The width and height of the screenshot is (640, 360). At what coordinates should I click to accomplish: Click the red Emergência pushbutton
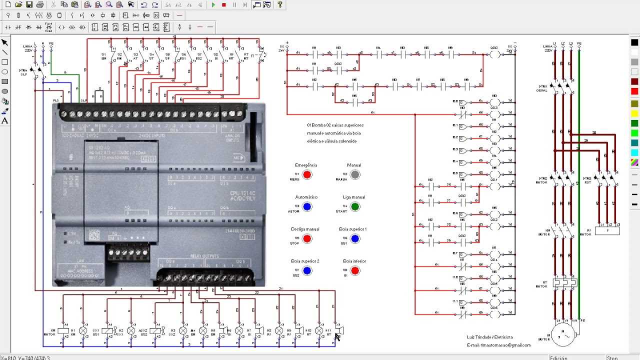click(307, 174)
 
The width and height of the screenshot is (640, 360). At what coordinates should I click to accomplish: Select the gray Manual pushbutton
click(354, 174)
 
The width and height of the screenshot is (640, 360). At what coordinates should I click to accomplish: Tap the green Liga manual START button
click(354, 206)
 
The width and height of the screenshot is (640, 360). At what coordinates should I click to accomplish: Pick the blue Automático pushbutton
click(307, 206)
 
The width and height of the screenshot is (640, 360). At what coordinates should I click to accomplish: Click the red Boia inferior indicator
click(354, 270)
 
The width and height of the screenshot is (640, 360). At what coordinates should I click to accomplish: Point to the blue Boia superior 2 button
click(307, 270)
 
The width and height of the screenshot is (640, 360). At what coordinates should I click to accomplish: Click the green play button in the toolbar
click(213, 5)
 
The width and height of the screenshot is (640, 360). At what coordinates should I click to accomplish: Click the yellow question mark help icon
click(280, 4)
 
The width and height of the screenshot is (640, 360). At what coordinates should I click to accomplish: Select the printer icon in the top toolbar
click(40, 4)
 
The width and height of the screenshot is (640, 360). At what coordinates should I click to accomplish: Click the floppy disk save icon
click(29, 4)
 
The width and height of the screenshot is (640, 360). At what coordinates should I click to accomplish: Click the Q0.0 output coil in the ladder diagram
click(494, 54)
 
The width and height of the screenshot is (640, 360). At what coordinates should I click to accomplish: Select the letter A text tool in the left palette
click(5, 120)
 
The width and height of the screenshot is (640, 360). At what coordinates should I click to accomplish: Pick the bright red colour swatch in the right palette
click(634, 91)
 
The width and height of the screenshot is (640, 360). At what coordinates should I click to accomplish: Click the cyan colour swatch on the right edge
click(634, 152)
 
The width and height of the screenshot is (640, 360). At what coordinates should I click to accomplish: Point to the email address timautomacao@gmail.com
click(498, 345)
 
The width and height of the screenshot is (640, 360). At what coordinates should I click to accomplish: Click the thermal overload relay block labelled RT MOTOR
click(564, 282)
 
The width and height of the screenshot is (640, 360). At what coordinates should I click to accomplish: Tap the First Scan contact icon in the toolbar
click(49, 27)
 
